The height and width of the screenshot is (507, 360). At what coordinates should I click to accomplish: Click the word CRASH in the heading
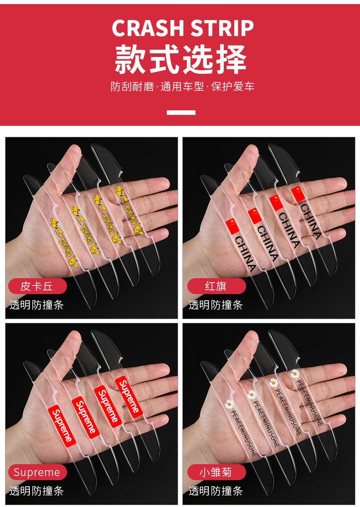click(x=147, y=28)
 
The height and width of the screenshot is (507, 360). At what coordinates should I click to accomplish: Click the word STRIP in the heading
click(x=222, y=28)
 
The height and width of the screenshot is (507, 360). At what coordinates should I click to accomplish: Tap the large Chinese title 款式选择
click(x=181, y=59)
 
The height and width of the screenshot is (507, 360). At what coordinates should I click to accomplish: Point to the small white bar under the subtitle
click(x=181, y=112)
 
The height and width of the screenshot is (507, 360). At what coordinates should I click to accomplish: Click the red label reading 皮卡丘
click(x=37, y=286)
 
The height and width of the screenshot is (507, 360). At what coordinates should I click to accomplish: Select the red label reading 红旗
click(x=216, y=286)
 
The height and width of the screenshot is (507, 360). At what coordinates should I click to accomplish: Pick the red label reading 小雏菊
click(x=216, y=472)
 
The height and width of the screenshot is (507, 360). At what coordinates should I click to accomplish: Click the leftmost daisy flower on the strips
click(x=230, y=404)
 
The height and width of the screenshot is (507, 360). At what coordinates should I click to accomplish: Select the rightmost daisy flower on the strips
click(x=295, y=374)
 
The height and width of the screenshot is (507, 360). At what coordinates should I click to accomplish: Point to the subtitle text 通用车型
click(x=183, y=87)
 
